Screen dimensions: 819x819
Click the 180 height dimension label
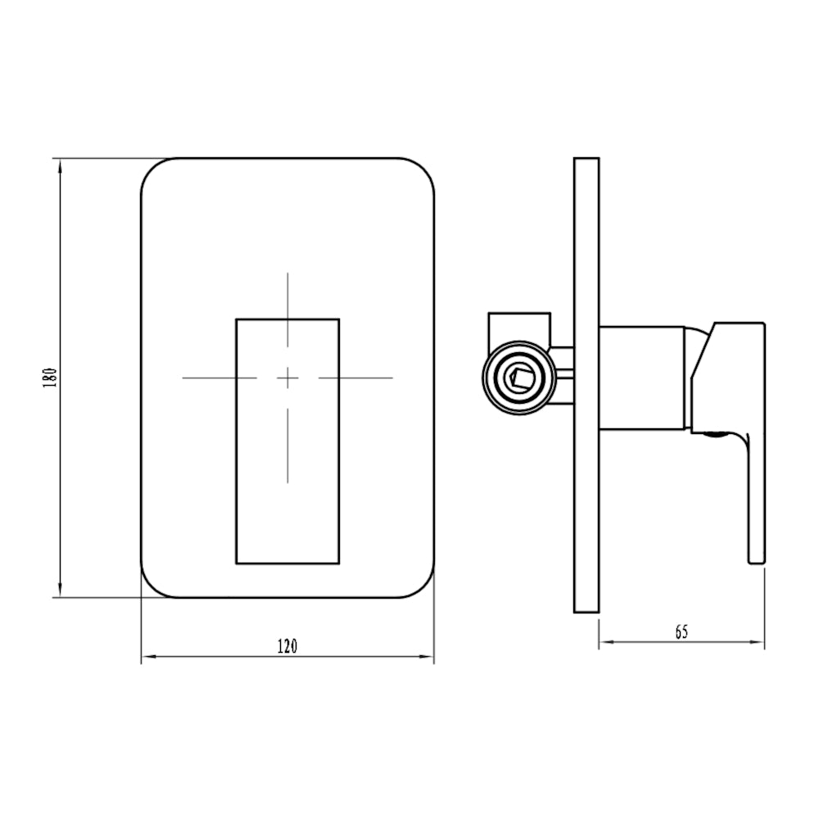pyautogui.click(x=49, y=378)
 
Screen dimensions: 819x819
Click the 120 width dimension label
pyautogui.click(x=287, y=646)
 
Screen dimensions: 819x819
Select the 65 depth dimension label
pyautogui.click(x=681, y=631)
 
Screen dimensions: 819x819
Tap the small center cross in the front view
pyautogui.click(x=287, y=378)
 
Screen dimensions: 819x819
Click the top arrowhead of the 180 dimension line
pyautogui.click(x=59, y=165)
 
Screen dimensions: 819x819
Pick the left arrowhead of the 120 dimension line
pyautogui.click(x=148, y=656)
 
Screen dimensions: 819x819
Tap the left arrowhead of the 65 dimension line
pyautogui.click(x=605, y=642)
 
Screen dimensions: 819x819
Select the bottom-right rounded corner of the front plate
pyautogui.click(x=421, y=585)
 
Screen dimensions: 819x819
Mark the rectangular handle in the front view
pyautogui.click(x=287, y=491)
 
